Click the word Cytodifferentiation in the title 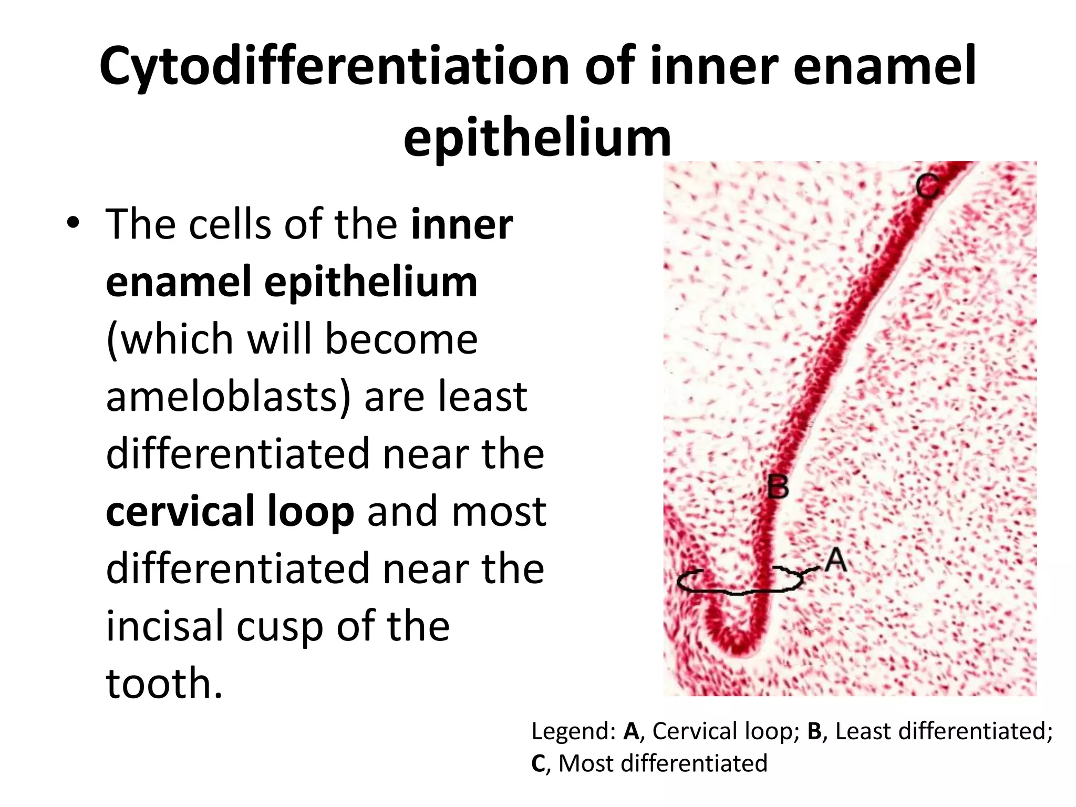[335, 67]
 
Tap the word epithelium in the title [537, 138]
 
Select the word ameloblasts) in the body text [229, 396]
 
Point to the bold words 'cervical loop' [230, 511]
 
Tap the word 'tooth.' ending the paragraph [164, 683]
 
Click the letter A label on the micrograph [835, 560]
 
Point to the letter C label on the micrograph [927, 186]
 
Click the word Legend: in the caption [573, 731]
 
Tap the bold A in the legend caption [630, 731]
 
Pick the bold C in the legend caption [538, 763]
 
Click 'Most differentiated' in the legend [663, 763]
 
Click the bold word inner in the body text [462, 225]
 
